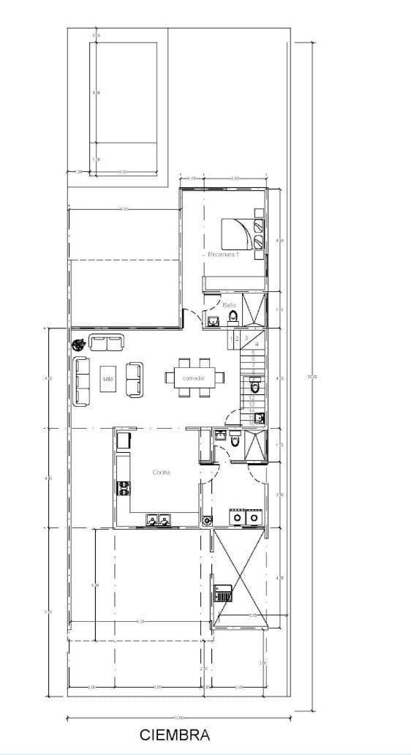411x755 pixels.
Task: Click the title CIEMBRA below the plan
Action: [175, 735]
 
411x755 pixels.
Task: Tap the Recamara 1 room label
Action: [224, 255]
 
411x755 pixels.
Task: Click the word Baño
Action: [229, 304]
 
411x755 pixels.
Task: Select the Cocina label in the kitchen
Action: [162, 473]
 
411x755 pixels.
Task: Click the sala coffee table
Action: [109, 378]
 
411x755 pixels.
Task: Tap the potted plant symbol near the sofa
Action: [77, 345]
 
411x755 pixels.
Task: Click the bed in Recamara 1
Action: [235, 234]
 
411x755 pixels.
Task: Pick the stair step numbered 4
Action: [257, 342]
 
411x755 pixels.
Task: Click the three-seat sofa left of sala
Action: [81, 380]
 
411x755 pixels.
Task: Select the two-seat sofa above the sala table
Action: [107, 342]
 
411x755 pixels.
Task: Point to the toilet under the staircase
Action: [255, 387]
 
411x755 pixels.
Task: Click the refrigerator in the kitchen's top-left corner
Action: [123, 440]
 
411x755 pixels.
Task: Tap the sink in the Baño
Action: [212, 320]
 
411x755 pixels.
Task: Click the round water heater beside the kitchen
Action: [207, 520]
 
